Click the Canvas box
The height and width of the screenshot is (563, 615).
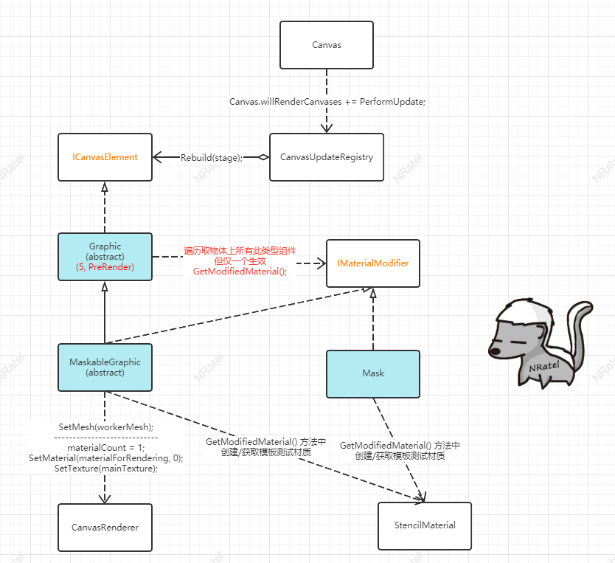tap(327, 45)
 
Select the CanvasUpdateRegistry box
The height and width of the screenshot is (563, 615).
tap(327, 157)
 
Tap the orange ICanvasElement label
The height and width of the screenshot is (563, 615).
tap(105, 157)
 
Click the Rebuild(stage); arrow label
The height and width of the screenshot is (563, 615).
tap(212, 157)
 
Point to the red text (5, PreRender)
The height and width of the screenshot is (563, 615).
tap(105, 266)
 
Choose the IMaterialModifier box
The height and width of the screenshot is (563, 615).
tap(373, 263)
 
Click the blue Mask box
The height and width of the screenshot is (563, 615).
tap(373, 373)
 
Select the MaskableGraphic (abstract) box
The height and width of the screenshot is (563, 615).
tap(105, 367)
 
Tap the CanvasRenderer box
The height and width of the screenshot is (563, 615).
tap(105, 527)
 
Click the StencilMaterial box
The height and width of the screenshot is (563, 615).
tap(425, 525)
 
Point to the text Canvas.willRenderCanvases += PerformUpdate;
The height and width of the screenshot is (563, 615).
tap(327, 101)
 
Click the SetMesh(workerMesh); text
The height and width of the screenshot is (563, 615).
tap(105, 426)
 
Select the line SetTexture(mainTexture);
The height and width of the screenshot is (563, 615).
tap(105, 469)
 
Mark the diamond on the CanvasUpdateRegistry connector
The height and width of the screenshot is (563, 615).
tap(262, 157)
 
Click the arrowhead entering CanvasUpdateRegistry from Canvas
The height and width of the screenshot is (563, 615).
tap(327, 128)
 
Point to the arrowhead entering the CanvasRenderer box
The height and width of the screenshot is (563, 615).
tap(105, 498)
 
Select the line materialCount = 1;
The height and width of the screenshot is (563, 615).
tap(105, 448)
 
